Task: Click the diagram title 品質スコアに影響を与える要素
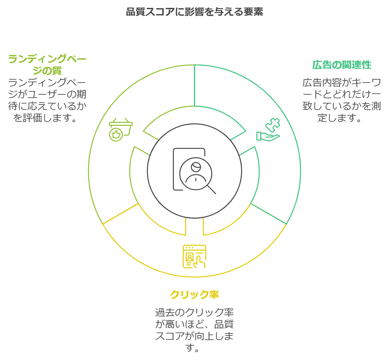coord(194,12)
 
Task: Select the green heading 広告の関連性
coord(342,65)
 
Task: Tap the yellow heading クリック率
coord(194,294)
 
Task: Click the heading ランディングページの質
coord(47,65)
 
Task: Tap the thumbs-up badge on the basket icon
coord(116,134)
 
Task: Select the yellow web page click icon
coord(194,256)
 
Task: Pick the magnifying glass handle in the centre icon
coord(212,189)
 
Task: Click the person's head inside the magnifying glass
coord(196,167)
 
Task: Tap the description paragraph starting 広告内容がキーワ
coord(342,100)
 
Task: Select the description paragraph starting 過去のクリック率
coord(194,330)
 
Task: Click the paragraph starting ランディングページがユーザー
coord(47,100)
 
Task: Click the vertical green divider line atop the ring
coord(194,85)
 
